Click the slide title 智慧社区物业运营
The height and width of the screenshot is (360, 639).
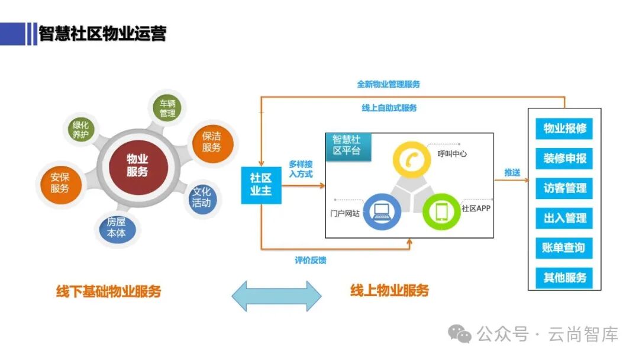tap(102, 33)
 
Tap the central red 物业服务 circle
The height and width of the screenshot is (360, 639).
tap(137, 166)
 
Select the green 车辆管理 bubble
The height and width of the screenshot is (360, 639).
tap(167, 108)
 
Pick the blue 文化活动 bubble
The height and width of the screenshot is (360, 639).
tap(201, 197)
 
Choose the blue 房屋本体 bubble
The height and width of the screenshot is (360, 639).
tap(117, 228)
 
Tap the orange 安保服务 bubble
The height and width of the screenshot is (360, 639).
tap(60, 183)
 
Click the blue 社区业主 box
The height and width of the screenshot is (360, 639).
tap(260, 185)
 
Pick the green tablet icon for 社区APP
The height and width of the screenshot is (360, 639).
tap(441, 211)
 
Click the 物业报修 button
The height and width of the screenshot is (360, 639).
tap(564, 128)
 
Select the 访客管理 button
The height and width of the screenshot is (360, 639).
tap(564, 188)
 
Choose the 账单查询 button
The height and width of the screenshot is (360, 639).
tap(564, 247)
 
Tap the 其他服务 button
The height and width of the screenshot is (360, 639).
tap(564, 277)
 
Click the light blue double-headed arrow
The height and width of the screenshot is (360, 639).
tap(276, 295)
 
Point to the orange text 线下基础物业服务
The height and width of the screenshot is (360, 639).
tap(108, 291)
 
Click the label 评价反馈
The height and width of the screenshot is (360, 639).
tap(311, 260)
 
